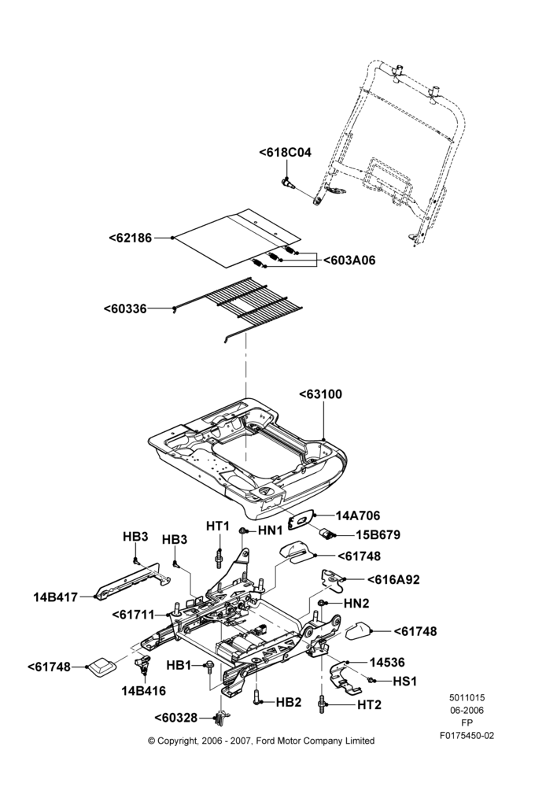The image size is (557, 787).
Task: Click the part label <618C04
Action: (285, 153)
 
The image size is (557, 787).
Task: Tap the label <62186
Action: (131, 238)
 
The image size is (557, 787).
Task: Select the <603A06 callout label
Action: (349, 260)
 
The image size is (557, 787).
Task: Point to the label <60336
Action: (125, 309)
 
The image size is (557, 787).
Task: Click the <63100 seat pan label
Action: (321, 394)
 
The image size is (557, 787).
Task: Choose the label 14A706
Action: (358, 515)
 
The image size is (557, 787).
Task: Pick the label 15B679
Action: (378, 535)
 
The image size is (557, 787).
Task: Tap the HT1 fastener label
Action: (218, 526)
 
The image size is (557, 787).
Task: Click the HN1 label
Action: (271, 530)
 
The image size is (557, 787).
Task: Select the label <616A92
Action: (393, 579)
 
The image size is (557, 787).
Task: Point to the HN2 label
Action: (356, 604)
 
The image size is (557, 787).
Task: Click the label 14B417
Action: (56, 597)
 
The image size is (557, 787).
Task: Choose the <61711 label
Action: (134, 615)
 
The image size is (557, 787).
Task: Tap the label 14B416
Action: (143, 691)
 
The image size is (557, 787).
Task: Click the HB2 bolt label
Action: (289, 702)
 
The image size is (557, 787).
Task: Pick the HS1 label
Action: (404, 682)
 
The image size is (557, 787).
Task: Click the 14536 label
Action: (387, 663)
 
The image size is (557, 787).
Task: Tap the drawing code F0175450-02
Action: (467, 736)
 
